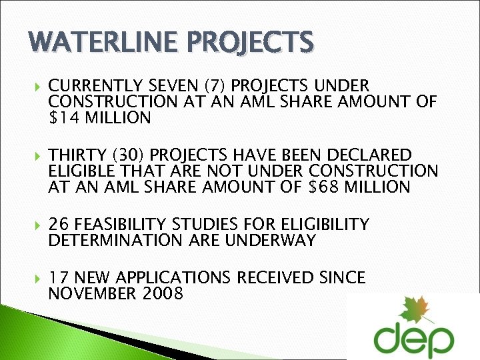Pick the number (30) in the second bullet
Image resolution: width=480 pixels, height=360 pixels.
(129, 155)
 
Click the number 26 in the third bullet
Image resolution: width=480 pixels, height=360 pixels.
(59, 224)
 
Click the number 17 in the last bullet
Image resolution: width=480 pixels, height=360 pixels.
(59, 277)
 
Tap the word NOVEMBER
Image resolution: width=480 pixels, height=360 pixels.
(91, 293)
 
